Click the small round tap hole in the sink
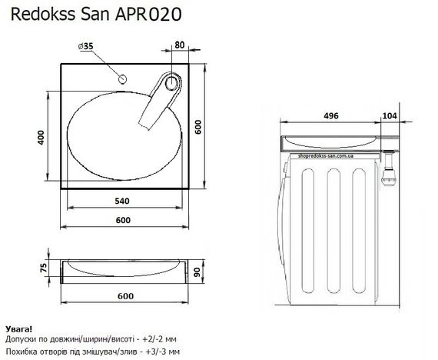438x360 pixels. click(123, 79)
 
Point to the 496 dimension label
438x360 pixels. click(330, 117)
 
